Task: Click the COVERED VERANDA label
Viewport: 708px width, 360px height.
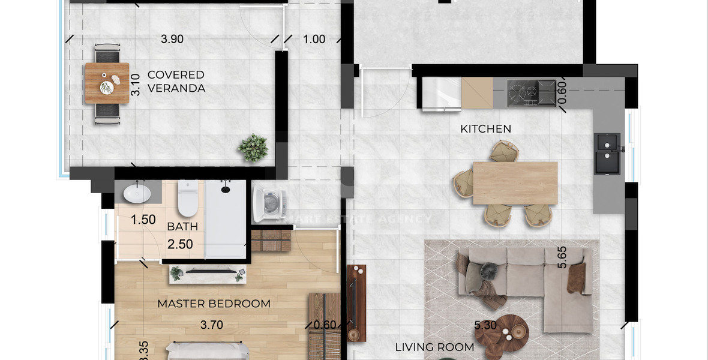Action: pyautogui.click(x=176, y=82)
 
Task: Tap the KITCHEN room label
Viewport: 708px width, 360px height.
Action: pyautogui.click(x=485, y=129)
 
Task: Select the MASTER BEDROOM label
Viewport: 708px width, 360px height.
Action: pyautogui.click(x=214, y=304)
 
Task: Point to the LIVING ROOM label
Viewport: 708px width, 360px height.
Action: pyautogui.click(x=434, y=347)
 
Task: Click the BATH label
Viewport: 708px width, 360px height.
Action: pyautogui.click(x=182, y=227)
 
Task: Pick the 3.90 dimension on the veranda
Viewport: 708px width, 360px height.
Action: pyautogui.click(x=172, y=40)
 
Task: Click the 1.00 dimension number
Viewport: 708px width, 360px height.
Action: pyautogui.click(x=314, y=40)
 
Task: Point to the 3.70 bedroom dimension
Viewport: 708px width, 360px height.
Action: pyautogui.click(x=212, y=325)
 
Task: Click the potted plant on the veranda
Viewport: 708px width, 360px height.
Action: pyautogui.click(x=253, y=148)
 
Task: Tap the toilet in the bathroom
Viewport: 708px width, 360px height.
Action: pyautogui.click(x=188, y=199)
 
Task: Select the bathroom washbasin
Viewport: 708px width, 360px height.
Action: pyautogui.click(x=137, y=193)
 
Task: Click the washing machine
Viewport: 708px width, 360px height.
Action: pyautogui.click(x=269, y=204)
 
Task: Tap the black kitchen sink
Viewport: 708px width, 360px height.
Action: pyautogui.click(x=608, y=154)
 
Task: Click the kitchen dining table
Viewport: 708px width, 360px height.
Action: pyautogui.click(x=515, y=183)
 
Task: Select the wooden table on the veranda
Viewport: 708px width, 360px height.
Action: pyautogui.click(x=107, y=83)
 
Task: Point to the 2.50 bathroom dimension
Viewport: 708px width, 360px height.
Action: pyautogui.click(x=180, y=245)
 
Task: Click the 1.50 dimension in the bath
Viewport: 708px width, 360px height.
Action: pyautogui.click(x=143, y=220)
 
